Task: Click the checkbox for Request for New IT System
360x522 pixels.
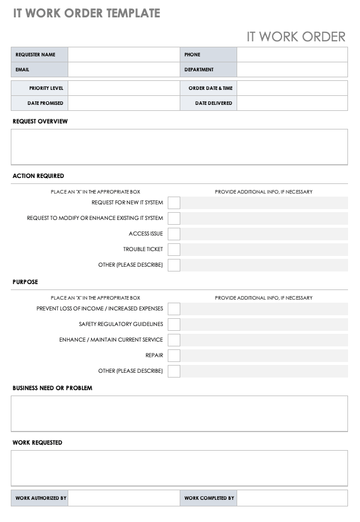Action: click(x=174, y=203)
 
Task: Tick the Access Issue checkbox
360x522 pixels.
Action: click(x=174, y=234)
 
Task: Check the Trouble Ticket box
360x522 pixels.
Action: click(x=174, y=249)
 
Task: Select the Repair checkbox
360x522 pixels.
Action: click(x=174, y=355)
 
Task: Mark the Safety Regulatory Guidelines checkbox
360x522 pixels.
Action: click(x=174, y=324)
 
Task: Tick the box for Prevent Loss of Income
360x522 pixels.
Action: click(x=174, y=309)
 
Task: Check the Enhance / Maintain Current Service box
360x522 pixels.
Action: click(x=174, y=340)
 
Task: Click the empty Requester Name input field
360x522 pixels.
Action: click(x=123, y=55)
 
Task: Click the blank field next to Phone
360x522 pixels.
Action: click(x=292, y=55)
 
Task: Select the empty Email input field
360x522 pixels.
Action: click(x=123, y=70)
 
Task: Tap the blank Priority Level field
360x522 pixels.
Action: click(x=123, y=88)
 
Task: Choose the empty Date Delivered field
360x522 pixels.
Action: click(x=292, y=103)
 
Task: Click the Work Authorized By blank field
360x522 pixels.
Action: click(x=123, y=498)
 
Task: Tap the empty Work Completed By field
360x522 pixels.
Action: click(x=292, y=498)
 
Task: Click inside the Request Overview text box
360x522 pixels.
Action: click(x=179, y=147)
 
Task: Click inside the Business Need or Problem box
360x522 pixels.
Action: click(x=179, y=414)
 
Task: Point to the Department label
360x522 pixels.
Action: click(x=199, y=70)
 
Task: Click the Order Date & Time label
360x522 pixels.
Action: click(x=210, y=88)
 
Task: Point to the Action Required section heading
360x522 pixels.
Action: click(x=38, y=176)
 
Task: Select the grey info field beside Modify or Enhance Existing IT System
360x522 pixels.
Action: click(x=264, y=218)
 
